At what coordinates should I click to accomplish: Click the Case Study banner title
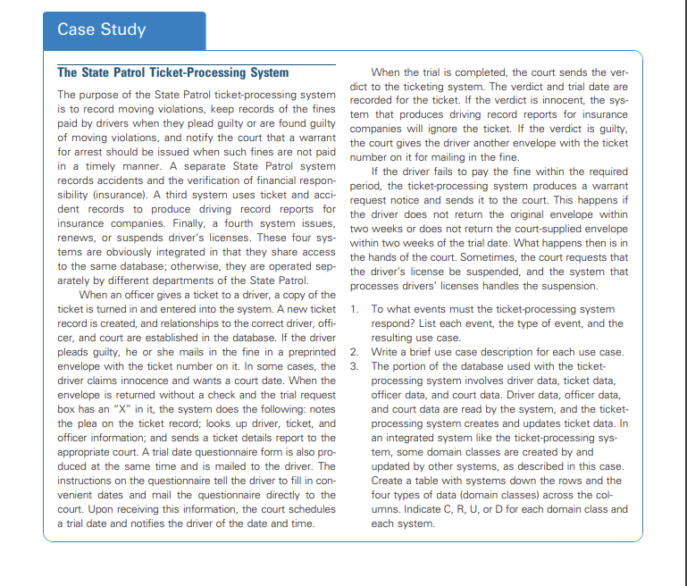click(x=101, y=29)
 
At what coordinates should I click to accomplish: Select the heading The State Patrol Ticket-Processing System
click(x=172, y=72)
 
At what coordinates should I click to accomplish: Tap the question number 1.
click(x=354, y=310)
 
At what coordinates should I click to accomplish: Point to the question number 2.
click(x=354, y=352)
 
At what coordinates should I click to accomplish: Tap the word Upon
click(x=107, y=508)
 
